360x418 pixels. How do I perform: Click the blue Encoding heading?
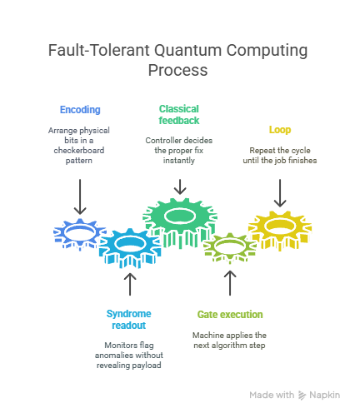coord(80,110)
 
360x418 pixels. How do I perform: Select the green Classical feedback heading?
coord(179,115)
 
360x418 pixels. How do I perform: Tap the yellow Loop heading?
coord(280,130)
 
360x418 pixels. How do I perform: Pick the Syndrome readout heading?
coord(129,320)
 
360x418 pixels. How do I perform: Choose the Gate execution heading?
coord(230,315)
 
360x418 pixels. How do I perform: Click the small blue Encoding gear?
coord(79,234)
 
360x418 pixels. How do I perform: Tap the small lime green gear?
coord(230,247)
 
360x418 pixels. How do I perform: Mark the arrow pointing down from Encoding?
coord(80,197)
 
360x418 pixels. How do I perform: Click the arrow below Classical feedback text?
coord(180,187)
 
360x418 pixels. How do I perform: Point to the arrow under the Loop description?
coord(280,193)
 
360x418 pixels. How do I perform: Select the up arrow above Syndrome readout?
coord(130,284)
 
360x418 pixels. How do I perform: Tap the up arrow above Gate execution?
coord(230,283)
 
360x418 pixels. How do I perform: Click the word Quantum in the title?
coord(188,50)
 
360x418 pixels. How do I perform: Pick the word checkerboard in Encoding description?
coord(79,150)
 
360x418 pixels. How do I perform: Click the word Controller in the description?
coord(161,140)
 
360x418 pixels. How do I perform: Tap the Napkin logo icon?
coord(302,395)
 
